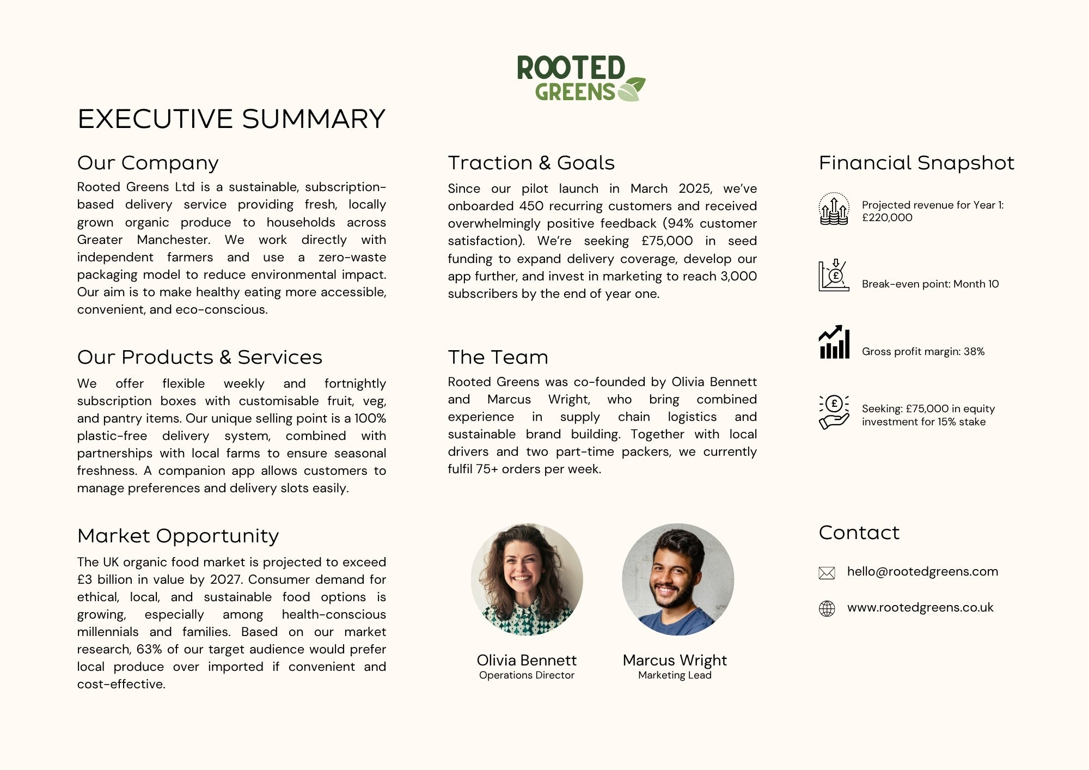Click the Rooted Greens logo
click(x=580, y=78)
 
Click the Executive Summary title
click(x=231, y=119)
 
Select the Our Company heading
click(x=148, y=163)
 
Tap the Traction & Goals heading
click(x=531, y=163)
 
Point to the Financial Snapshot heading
click(x=916, y=163)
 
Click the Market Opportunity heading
click(x=178, y=536)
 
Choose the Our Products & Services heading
click(x=199, y=357)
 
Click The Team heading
click(x=498, y=357)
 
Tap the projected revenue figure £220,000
click(x=887, y=218)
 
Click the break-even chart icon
click(x=834, y=276)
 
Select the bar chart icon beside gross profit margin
click(x=834, y=343)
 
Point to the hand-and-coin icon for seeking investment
click(x=834, y=412)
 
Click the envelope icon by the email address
click(x=827, y=573)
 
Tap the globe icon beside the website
click(x=827, y=608)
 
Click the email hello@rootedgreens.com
click(x=922, y=572)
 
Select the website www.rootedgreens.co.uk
click(x=920, y=608)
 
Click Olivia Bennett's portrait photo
click(x=527, y=579)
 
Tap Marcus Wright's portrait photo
click(x=678, y=579)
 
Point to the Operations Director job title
click(x=527, y=675)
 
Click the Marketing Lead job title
click(x=675, y=675)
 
